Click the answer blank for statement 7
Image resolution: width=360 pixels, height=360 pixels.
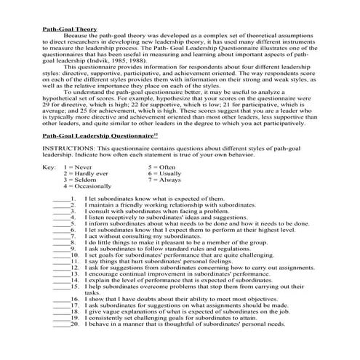62,257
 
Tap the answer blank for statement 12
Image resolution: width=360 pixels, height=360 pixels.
62,289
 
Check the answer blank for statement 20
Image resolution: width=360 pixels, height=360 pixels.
62,344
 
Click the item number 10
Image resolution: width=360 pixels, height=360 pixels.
74,276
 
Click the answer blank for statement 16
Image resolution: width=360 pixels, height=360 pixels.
62,319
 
